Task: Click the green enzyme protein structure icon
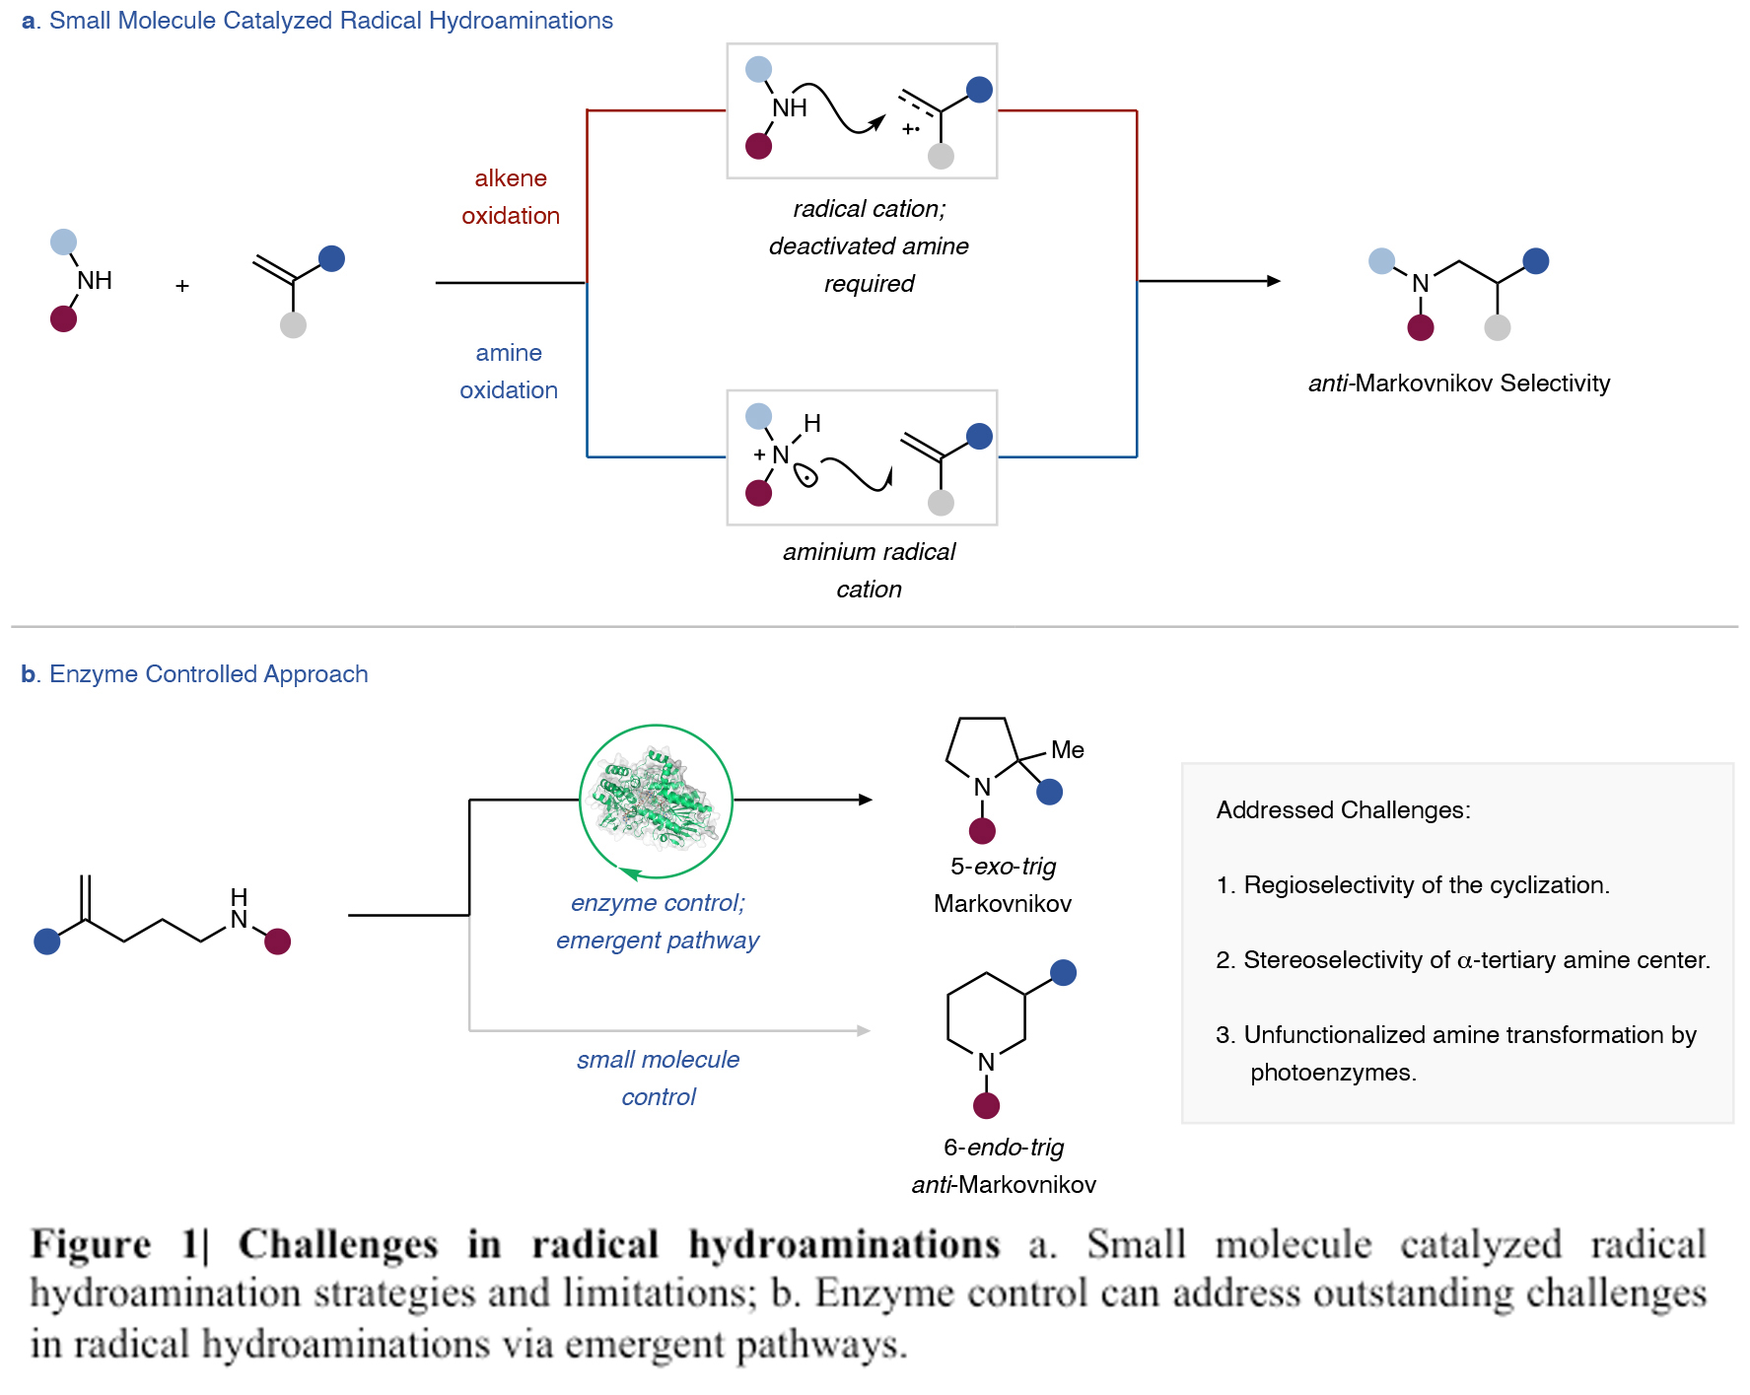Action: coord(656,800)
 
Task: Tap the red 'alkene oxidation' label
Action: coord(511,197)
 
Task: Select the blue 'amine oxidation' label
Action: coord(509,372)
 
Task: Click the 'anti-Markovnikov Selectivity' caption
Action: coord(1458,384)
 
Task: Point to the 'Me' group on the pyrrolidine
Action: coord(1067,750)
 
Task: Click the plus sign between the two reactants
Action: coord(182,286)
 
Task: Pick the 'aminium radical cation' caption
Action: coord(869,570)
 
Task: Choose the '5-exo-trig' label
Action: coord(1003,867)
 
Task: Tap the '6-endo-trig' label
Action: coord(1004,1148)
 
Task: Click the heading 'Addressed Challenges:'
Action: coord(1343,810)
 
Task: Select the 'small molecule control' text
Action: coord(658,1078)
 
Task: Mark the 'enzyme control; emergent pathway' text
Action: coord(658,921)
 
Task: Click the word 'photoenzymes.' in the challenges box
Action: coord(1333,1073)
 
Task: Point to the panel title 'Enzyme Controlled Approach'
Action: coord(208,674)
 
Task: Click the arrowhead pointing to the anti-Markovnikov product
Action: coord(1274,281)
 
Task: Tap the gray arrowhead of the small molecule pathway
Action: coord(864,1031)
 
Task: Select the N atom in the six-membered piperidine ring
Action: coord(986,1062)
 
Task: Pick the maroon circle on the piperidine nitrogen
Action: coord(986,1106)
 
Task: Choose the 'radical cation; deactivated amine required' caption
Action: coord(869,246)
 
